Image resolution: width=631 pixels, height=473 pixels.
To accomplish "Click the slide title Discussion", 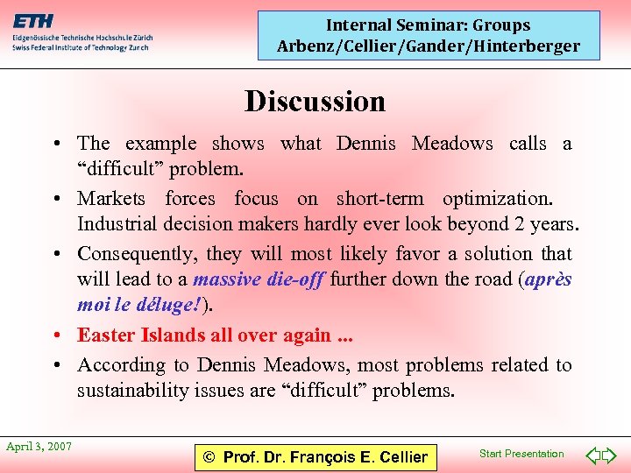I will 315,102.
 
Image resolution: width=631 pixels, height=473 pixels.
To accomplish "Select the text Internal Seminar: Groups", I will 429,25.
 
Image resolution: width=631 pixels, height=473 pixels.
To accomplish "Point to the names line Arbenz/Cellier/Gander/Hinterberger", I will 429,46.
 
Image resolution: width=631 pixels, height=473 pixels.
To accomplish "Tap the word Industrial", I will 116,223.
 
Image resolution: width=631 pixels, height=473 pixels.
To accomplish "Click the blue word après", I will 549,280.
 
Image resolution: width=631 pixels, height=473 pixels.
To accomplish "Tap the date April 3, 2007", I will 39,447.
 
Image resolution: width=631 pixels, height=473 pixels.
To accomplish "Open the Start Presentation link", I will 521,454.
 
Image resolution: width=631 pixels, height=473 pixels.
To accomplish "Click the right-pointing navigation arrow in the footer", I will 610,455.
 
